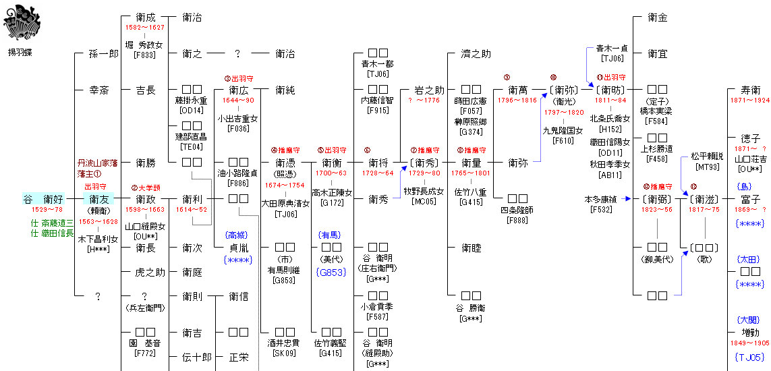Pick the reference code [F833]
point(145,55)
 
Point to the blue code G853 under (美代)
point(331,272)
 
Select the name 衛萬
point(517,90)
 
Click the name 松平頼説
point(706,156)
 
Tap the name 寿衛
point(750,90)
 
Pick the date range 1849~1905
point(750,343)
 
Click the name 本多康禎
point(602,199)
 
